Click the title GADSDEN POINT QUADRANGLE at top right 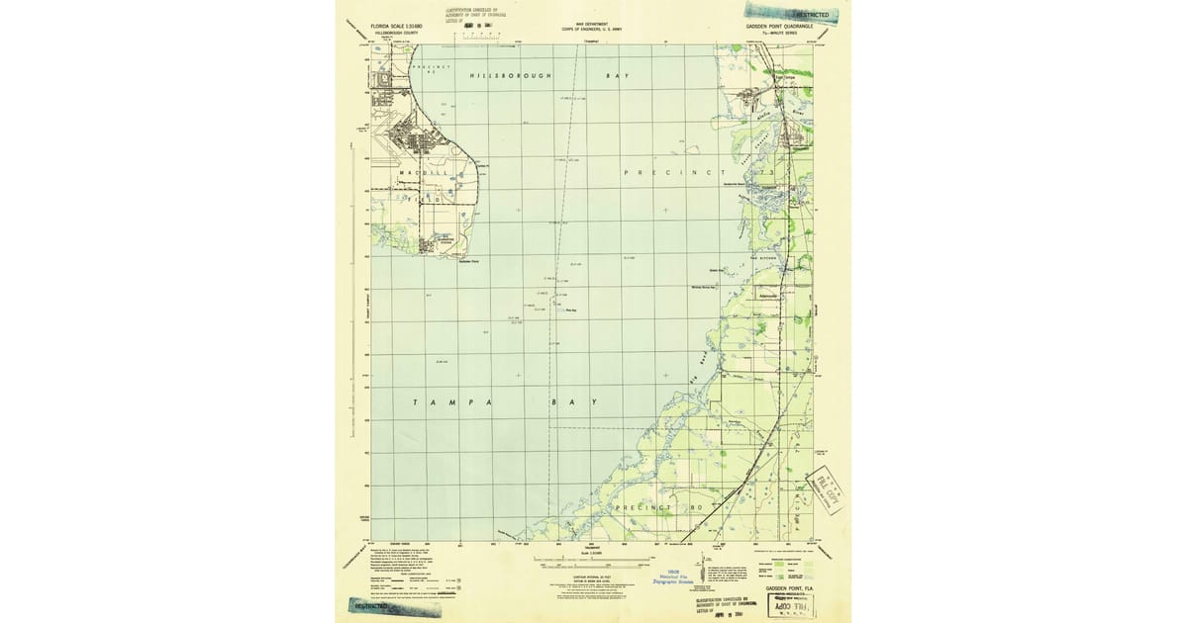778,28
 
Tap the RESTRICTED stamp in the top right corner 804,15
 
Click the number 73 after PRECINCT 764,173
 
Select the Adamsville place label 767,296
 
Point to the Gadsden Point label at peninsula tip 469,261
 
